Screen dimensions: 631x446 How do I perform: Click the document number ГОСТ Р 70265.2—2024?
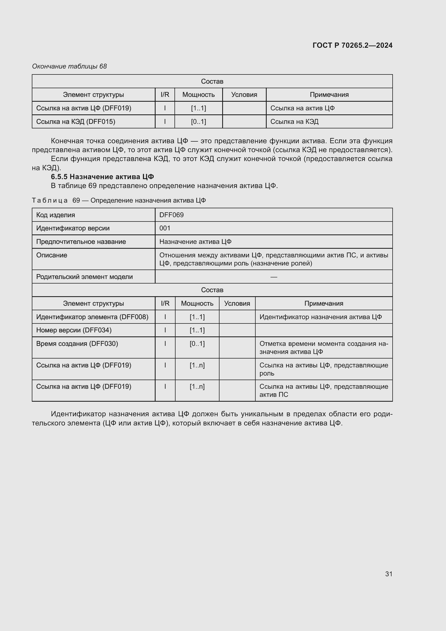click(352, 45)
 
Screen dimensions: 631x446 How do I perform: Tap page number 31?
click(389, 574)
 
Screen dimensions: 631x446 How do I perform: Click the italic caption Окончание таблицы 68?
click(69, 66)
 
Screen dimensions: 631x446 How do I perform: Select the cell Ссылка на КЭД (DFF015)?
click(76, 121)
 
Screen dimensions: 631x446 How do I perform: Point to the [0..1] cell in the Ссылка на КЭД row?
click(198, 121)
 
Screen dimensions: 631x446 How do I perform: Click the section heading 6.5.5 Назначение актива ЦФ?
click(102, 176)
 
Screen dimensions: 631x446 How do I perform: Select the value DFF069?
click(171, 215)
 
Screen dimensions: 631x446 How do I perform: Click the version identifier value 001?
click(165, 228)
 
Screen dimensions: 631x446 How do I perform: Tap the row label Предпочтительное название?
click(81, 241)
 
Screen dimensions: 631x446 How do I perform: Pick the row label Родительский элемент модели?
click(84, 277)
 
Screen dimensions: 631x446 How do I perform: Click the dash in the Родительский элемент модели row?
click(273, 277)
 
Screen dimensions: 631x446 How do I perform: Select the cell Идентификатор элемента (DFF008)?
click(92, 317)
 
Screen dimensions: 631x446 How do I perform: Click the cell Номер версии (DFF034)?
click(74, 330)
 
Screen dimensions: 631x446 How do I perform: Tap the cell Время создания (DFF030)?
click(77, 343)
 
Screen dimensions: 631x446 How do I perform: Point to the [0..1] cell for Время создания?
click(197, 343)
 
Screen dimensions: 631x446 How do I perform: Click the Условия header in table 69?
click(237, 303)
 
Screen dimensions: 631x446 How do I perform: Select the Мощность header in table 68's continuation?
click(198, 94)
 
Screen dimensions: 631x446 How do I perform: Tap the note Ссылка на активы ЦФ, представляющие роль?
click(324, 369)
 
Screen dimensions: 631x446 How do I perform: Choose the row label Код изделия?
click(56, 215)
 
